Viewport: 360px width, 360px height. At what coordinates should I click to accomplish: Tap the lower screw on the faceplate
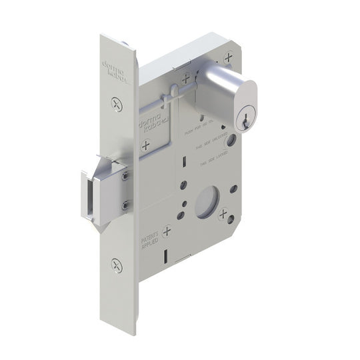[117, 265]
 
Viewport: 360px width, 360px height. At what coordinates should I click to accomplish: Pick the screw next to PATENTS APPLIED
[167, 231]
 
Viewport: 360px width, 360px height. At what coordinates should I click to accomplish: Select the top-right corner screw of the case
[229, 57]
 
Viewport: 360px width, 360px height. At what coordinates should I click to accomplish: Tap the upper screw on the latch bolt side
[125, 175]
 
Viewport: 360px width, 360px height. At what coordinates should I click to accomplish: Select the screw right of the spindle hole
[223, 215]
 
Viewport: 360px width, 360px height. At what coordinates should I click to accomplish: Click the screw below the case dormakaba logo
[145, 145]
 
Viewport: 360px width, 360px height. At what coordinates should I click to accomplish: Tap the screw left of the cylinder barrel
[185, 77]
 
